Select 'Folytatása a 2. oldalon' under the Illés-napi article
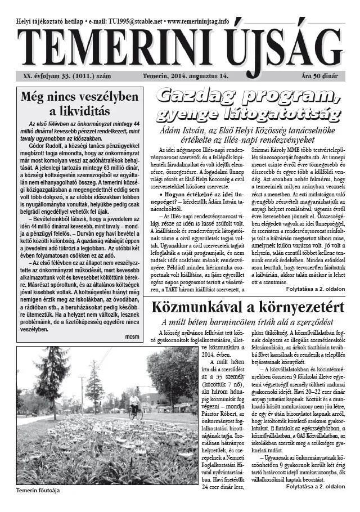coord(313,289)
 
